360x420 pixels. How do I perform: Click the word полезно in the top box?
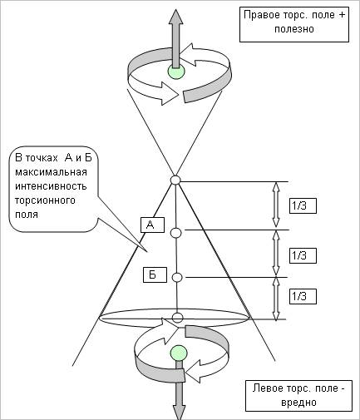pos(294,29)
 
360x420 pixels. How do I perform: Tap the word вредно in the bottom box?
pos(298,402)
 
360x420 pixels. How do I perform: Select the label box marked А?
pos(152,225)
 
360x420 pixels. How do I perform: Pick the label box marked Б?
pos(155,274)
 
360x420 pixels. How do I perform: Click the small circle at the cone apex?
pos(175,180)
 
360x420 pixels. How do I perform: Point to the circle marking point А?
pos(175,233)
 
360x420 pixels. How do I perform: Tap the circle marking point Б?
pos(177,277)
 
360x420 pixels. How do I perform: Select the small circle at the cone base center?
pos(177,318)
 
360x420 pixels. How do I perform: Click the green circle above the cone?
pos(175,72)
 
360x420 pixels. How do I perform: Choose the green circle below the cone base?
pos(179,353)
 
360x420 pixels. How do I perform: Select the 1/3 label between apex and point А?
pos(303,206)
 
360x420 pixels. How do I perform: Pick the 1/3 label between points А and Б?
pos(303,255)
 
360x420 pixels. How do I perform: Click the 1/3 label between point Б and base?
pos(303,296)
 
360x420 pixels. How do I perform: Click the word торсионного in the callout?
pos(45,200)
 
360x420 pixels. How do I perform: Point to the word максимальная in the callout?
pos(51,172)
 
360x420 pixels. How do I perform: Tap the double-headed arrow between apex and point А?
pos(276,205)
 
